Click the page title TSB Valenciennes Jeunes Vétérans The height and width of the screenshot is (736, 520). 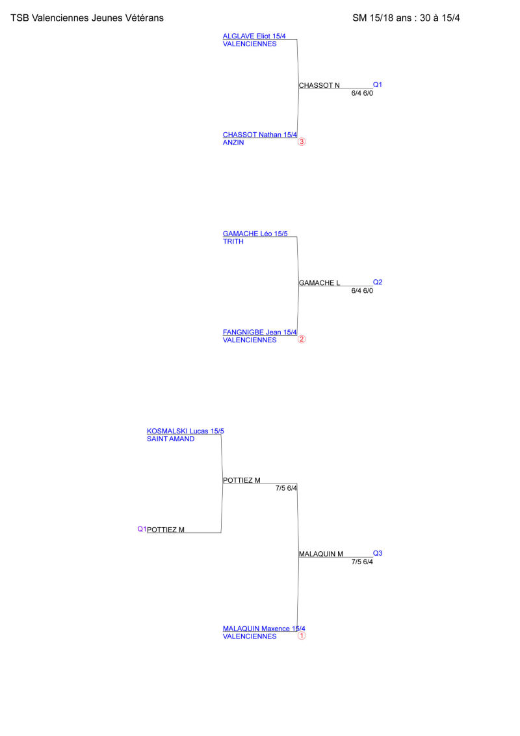87,18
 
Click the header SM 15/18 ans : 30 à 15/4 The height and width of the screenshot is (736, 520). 406,18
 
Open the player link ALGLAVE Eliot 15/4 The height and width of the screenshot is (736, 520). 254,36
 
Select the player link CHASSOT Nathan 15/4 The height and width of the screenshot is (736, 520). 260,135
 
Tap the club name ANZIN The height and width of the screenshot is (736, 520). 233,143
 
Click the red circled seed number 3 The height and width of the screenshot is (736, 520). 302,142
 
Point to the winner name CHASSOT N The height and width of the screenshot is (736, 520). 319,85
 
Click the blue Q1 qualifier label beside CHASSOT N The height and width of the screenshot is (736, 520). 378,85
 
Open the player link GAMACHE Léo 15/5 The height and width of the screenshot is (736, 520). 255,234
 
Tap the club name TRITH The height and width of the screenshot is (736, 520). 233,241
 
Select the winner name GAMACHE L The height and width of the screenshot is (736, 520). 319,283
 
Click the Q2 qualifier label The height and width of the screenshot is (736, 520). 378,282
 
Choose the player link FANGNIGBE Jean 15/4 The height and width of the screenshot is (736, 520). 260,333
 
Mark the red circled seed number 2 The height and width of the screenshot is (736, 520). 302,340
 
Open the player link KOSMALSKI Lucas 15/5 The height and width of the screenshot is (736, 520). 185,431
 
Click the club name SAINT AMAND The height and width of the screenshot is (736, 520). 171,439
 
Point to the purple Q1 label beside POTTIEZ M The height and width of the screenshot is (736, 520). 142,529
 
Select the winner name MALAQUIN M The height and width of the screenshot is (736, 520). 321,554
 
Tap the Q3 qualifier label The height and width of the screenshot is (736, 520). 378,553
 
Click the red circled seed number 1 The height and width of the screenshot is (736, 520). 302,636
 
